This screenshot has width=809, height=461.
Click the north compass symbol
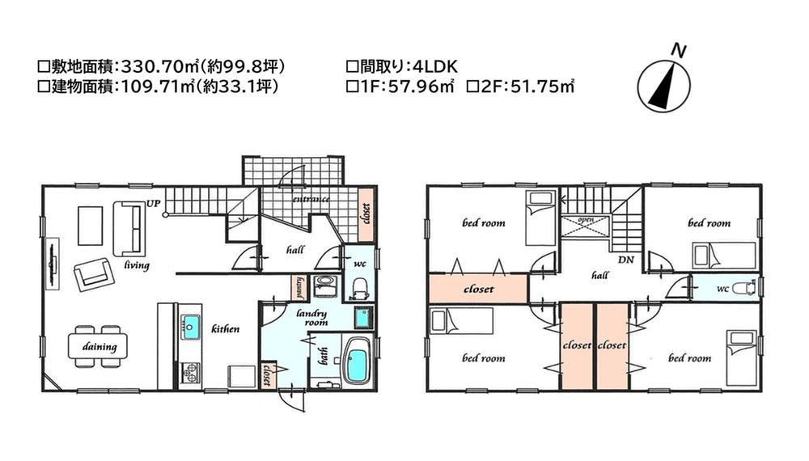click(663, 85)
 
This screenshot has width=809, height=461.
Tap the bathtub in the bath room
click(357, 361)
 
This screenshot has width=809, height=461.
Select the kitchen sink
click(190, 327)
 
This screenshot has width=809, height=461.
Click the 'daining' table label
click(100, 346)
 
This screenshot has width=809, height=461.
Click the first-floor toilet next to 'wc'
click(359, 290)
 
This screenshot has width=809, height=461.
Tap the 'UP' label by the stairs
click(153, 204)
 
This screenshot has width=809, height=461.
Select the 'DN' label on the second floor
click(626, 260)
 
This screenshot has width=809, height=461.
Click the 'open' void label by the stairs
click(586, 220)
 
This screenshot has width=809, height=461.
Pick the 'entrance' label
click(311, 198)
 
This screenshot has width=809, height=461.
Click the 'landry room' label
click(312, 317)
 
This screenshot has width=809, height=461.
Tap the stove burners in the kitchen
click(190, 373)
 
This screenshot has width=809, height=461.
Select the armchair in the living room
click(92, 275)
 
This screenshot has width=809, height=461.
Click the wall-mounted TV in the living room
click(53, 264)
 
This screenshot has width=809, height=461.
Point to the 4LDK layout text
click(435, 66)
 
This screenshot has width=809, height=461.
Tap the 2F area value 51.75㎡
click(543, 86)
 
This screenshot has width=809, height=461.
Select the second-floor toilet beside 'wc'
click(743, 288)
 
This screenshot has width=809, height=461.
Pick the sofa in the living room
click(129, 228)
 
